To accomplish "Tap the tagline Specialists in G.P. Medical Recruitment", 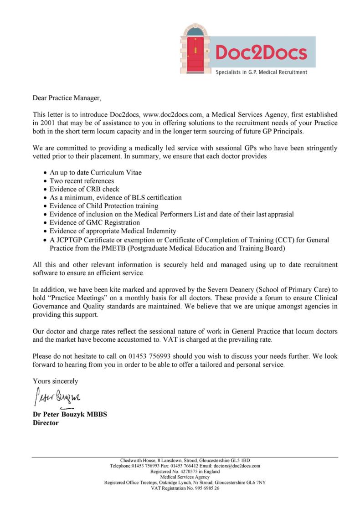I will click(261, 72).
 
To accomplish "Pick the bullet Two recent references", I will click(82, 181).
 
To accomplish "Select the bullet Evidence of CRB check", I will click(84, 190).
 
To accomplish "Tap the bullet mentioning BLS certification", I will click(115, 198).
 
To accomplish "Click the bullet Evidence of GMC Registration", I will click(94, 222).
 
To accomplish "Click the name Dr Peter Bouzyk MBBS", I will click(70, 415).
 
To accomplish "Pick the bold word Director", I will click(46, 423).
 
